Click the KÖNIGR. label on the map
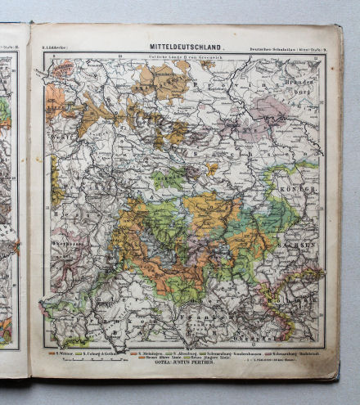click(302, 189)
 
